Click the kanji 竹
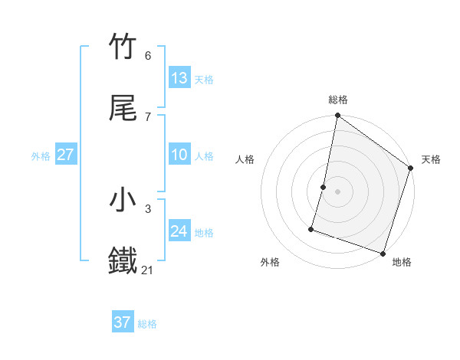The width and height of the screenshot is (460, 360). pos(123,47)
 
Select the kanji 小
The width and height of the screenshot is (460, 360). pos(123,200)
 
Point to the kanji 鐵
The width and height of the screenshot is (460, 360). pos(123,260)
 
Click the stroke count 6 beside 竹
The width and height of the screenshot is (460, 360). pos(148,55)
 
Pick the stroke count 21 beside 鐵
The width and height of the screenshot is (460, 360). pos(148,270)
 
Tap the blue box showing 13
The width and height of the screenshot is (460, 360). pos(179,78)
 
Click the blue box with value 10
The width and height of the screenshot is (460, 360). pos(179,155)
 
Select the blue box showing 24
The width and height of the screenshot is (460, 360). pos(179,231)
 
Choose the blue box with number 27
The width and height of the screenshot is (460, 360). pos(66,155)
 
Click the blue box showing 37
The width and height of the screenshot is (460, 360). pos(123,322)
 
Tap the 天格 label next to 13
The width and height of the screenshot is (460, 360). pos(204,80)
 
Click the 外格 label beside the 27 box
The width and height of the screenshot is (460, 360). pos(41,156)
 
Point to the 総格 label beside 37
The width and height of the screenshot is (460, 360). pos(147,324)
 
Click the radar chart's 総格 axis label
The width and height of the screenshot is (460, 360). pos(338,100)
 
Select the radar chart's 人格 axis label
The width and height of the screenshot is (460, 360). pos(245,159)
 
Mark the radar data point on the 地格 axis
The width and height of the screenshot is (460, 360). pos(383,253)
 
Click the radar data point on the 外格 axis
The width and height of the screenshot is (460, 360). pos(312,228)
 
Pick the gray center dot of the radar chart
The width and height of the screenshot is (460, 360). pos(338,191)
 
